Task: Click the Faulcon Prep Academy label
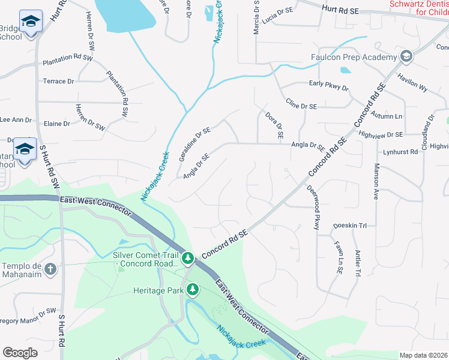(x=354, y=57)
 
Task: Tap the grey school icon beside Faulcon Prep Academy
(x=406, y=57)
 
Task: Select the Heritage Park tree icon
(x=193, y=290)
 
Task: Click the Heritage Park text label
(x=158, y=290)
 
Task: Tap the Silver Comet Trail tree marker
(x=188, y=258)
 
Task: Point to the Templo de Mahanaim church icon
(x=50, y=269)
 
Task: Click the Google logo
(x=20, y=353)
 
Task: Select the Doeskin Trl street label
(x=349, y=226)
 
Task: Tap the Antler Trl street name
(x=357, y=263)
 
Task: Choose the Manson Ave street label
(x=377, y=181)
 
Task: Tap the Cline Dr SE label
(x=301, y=106)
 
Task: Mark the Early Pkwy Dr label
(x=328, y=87)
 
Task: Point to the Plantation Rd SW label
(x=68, y=61)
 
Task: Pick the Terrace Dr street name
(x=58, y=81)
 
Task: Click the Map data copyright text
(x=423, y=355)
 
